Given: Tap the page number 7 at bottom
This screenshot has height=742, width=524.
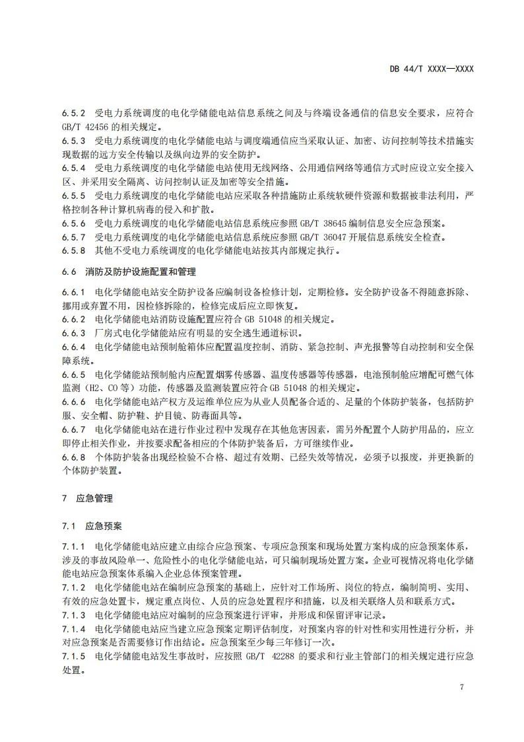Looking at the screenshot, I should click(461, 687).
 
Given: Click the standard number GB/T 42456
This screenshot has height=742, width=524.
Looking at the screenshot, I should click(84, 127).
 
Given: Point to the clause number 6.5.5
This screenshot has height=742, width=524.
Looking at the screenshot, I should click(74, 196).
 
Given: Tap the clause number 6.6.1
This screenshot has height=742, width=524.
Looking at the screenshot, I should click(74, 292).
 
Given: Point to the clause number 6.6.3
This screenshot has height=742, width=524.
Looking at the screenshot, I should click(74, 333).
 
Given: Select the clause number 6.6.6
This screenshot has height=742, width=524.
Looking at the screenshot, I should click(74, 402).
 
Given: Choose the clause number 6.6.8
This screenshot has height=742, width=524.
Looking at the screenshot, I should click(74, 457).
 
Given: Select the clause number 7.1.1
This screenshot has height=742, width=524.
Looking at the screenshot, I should click(74, 546).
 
